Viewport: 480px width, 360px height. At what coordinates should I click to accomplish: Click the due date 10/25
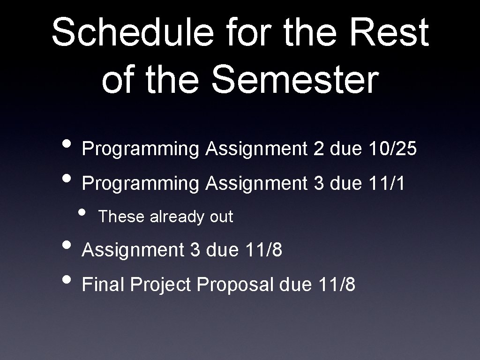click(392, 149)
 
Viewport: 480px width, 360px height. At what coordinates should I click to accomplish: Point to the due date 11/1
click(387, 183)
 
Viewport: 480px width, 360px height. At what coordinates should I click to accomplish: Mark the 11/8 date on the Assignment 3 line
click(263, 250)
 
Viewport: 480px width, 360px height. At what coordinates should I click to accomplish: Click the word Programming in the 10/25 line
click(141, 150)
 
